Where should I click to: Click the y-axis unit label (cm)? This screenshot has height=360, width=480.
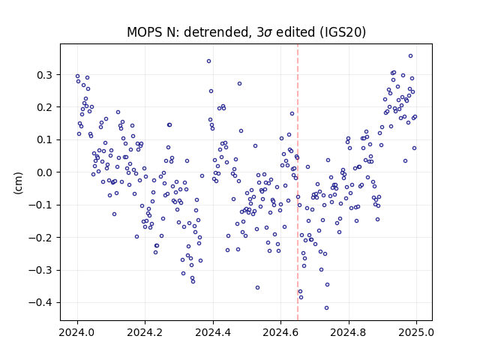(x=18, y=183)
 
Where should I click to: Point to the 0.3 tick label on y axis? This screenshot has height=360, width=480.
(x=44, y=75)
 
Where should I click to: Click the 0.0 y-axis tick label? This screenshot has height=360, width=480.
(x=44, y=172)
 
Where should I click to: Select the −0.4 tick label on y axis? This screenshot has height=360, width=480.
(x=40, y=303)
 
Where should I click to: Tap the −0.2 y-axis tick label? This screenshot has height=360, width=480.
(x=40, y=238)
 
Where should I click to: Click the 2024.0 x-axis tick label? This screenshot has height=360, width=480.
(x=76, y=332)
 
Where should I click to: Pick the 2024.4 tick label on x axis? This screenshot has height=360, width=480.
(x=213, y=332)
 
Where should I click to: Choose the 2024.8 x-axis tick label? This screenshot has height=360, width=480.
(x=348, y=332)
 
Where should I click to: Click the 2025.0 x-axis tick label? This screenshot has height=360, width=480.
(x=416, y=332)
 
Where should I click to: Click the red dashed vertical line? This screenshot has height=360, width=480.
(x=298, y=182)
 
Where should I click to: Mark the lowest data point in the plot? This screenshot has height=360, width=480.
(x=327, y=308)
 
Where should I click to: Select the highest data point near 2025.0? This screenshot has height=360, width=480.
(x=410, y=56)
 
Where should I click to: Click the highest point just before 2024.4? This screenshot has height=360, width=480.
(x=208, y=61)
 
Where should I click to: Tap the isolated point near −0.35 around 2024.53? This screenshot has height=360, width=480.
(x=257, y=288)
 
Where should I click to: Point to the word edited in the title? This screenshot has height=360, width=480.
(x=295, y=32)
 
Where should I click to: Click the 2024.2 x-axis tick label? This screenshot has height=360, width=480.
(x=145, y=332)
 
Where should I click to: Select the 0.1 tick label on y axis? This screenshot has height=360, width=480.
(x=44, y=140)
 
